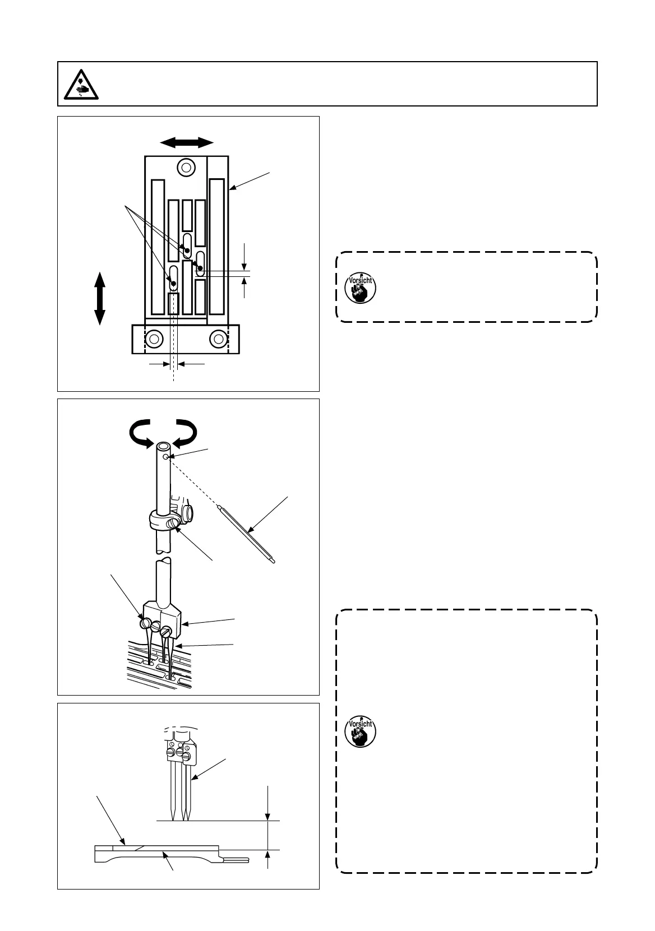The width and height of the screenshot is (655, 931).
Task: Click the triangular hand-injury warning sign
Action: (x=81, y=85)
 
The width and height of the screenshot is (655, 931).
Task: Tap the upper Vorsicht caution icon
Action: (x=360, y=288)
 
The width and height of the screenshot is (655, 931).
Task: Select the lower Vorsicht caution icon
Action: (x=360, y=731)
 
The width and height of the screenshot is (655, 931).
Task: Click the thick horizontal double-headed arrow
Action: (x=187, y=142)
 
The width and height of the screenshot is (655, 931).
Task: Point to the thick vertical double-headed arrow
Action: (x=100, y=298)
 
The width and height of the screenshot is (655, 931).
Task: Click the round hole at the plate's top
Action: (x=186, y=168)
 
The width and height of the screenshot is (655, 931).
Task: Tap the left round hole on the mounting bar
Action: (x=154, y=339)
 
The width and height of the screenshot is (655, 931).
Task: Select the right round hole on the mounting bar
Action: (x=218, y=339)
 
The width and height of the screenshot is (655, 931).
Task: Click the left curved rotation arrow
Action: (x=141, y=433)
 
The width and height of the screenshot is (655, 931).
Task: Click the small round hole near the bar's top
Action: (x=166, y=457)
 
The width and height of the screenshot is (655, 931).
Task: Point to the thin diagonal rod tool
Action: (x=246, y=534)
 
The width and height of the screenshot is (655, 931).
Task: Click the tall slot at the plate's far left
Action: (x=158, y=247)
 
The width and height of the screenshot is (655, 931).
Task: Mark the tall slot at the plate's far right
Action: (x=216, y=247)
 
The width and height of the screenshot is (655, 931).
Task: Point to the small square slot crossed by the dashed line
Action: (x=173, y=303)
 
